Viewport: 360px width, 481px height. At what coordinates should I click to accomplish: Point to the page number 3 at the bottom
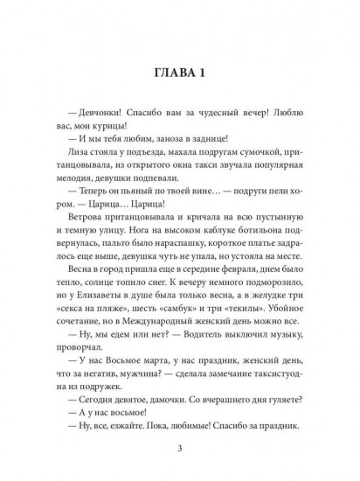[179, 450]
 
